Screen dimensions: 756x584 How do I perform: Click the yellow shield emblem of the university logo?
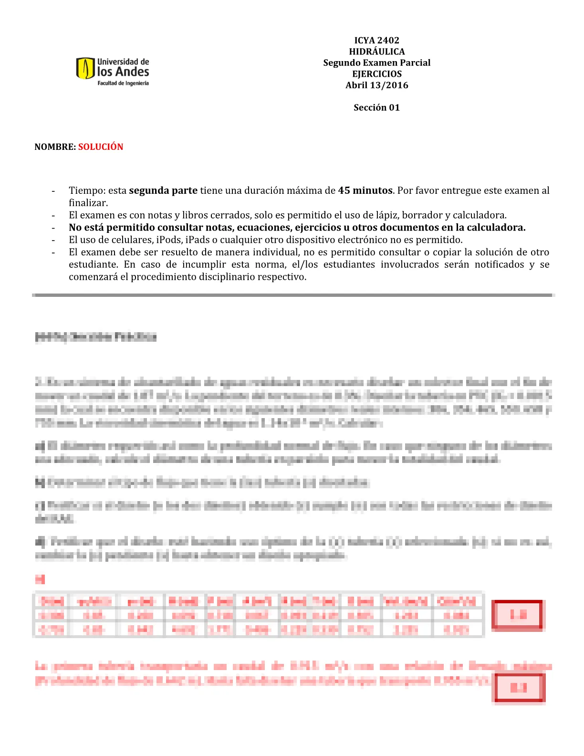(85, 68)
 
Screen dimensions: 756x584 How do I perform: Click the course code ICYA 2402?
(376, 41)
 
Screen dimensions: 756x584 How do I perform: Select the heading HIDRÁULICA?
(376, 52)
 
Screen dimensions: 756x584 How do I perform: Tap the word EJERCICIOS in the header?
(376, 74)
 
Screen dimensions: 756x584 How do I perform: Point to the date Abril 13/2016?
(376, 85)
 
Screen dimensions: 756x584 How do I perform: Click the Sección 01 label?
(376, 108)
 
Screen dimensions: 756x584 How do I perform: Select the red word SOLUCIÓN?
(101, 147)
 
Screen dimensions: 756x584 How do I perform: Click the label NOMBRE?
(55, 147)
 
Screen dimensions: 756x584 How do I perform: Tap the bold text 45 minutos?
(365, 190)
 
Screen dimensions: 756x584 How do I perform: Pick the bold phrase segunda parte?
(163, 190)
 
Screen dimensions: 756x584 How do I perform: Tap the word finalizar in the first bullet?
(88, 203)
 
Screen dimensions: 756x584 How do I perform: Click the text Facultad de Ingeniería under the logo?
(123, 83)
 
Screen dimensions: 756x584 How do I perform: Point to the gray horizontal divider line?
(293, 295)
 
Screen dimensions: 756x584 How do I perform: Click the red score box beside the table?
(518, 615)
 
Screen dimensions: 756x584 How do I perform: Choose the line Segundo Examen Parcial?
(376, 63)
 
